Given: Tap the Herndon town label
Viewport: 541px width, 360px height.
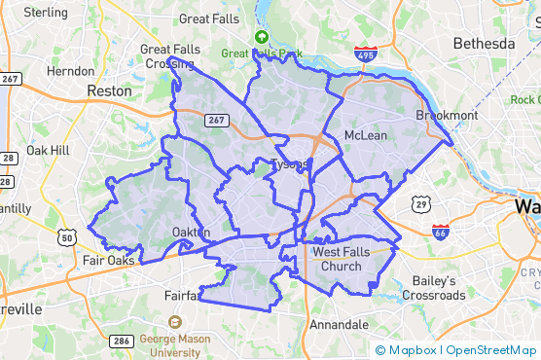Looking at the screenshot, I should point(70,71).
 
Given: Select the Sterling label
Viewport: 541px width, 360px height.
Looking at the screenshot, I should point(45,13).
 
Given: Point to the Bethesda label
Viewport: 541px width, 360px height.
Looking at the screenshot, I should point(484,44).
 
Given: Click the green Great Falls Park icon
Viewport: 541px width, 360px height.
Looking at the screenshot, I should point(261,37).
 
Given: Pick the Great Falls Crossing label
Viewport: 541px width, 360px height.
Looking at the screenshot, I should point(168,56).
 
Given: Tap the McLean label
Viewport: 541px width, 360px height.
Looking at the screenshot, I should point(366,135).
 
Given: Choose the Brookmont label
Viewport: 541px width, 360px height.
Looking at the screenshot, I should point(448,115).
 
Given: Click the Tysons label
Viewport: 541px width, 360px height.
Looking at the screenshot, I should point(289,163).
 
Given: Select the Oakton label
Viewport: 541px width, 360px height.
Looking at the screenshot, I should point(190,232).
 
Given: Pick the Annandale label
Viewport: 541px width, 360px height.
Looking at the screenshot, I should point(339,324).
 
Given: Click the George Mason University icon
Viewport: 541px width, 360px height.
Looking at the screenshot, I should point(175,322).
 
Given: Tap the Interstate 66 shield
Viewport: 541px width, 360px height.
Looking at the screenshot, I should point(441,232).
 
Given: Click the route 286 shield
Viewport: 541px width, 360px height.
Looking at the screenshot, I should point(122,341).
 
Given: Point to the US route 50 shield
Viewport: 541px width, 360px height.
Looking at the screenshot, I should point(67,236).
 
